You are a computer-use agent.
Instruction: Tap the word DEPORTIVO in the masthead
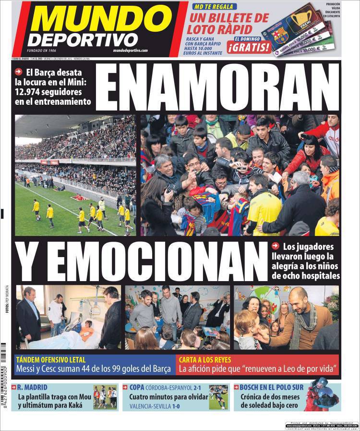click(83, 40)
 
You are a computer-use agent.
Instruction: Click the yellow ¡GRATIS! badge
click(249, 47)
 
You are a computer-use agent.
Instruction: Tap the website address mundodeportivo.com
click(131, 50)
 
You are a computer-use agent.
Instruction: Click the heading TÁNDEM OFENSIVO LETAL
click(51, 359)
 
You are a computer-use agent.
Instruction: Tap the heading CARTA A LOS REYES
click(205, 359)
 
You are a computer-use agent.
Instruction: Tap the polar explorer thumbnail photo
click(323, 396)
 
